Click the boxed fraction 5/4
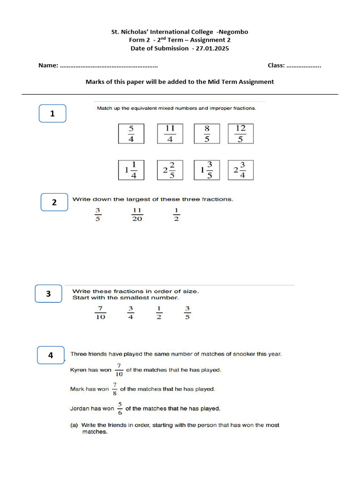(x=131, y=134)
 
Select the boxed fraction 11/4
(x=170, y=134)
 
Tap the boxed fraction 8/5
(x=207, y=134)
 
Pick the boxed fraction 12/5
(x=240, y=134)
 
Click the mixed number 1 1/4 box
(x=131, y=170)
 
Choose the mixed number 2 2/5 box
(x=170, y=170)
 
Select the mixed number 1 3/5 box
(x=207, y=170)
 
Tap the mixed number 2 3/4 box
(x=240, y=170)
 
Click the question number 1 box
(x=52, y=113)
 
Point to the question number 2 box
(x=54, y=202)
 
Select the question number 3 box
(x=48, y=294)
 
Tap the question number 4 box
(x=51, y=356)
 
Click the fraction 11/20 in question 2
(x=137, y=215)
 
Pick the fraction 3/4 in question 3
(x=131, y=313)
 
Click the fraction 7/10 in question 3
(x=100, y=313)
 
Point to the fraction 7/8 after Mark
(x=114, y=389)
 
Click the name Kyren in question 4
(x=78, y=370)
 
